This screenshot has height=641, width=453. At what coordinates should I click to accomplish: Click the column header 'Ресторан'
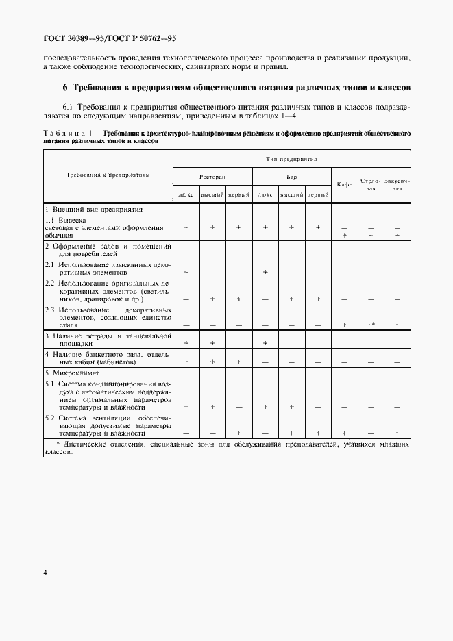[212, 176]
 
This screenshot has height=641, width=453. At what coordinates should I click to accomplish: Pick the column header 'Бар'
[291, 176]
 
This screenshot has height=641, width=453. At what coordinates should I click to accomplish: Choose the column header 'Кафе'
[344, 184]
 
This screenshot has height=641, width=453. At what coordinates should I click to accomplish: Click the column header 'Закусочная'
[397, 184]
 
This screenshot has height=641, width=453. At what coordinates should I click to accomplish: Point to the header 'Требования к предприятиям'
[108, 175]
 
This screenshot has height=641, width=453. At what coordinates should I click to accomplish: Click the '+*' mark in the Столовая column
[371, 324]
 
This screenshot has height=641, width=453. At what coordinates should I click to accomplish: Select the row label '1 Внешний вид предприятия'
[93, 208]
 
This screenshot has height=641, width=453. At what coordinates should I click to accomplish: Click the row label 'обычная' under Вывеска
[58, 235]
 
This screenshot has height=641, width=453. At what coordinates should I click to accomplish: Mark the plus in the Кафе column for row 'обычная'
[344, 235]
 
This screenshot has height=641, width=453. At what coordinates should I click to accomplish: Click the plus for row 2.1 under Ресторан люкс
[186, 272]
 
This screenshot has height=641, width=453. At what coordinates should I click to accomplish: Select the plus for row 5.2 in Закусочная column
[397, 433]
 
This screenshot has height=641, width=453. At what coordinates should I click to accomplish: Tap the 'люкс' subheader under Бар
[265, 195]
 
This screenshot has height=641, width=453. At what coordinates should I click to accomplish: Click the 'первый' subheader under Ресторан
[238, 195]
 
